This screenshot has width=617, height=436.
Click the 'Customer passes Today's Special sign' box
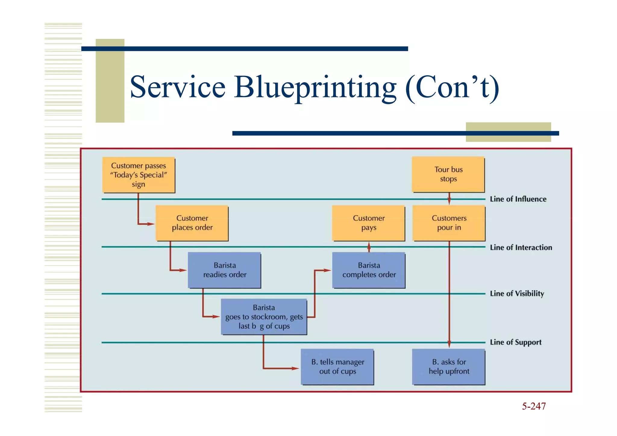139,175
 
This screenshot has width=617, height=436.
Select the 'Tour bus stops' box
448,174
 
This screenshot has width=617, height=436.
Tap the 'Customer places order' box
192,223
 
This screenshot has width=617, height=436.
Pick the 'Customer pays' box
368,223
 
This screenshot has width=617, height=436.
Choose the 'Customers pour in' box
449,223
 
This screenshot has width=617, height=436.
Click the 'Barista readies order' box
224,270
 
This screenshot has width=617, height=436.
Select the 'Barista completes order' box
369,270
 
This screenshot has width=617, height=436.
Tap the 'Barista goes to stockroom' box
264,317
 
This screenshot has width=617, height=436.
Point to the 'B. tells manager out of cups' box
337,367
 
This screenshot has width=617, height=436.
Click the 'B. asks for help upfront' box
449,367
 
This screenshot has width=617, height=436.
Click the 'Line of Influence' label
518,199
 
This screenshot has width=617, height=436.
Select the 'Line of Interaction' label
521,248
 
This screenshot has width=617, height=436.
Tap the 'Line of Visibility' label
517,294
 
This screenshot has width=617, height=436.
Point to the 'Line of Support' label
515,343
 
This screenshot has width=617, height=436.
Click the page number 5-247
534,406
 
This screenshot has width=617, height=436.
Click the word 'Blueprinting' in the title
315,87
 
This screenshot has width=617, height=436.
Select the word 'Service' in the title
178,87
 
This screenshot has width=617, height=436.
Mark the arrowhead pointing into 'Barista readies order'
183,270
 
